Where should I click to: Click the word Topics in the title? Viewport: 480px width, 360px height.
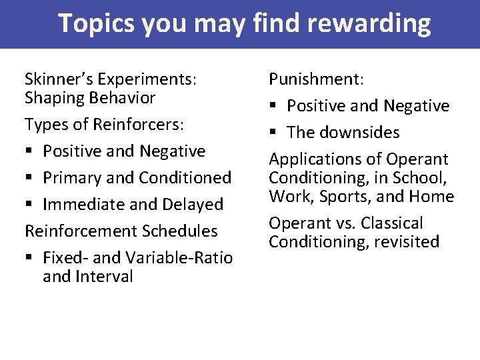coord(100,24)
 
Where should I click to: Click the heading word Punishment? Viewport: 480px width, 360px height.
coord(315,79)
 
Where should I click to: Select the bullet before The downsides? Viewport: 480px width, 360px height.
coord(273,133)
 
